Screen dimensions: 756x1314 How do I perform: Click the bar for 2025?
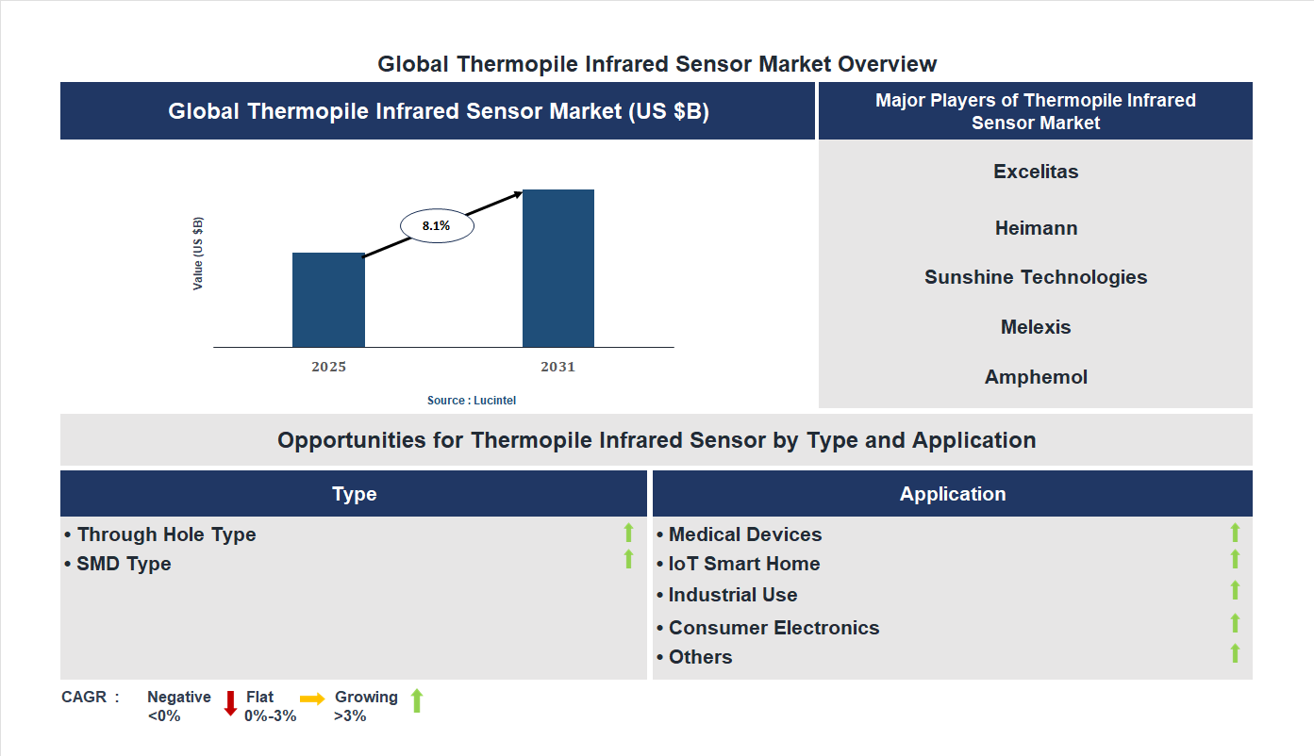(328, 300)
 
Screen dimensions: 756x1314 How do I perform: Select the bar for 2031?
(558, 269)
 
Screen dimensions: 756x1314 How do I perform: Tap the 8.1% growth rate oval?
(437, 226)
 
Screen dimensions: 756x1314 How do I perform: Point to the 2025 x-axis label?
(328, 367)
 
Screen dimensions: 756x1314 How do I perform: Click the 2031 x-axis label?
(557, 367)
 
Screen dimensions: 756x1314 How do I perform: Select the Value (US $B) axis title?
(198, 254)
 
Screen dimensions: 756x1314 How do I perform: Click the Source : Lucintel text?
(472, 401)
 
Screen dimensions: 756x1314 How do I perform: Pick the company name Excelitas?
(1036, 172)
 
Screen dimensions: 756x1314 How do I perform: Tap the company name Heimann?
(1036, 228)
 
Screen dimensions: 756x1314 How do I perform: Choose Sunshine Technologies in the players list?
(1036, 277)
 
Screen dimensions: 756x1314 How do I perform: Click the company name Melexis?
(1036, 327)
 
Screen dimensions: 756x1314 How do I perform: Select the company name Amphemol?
(1036, 377)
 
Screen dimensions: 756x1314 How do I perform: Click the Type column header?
(355, 494)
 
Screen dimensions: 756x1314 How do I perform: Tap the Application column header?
(953, 494)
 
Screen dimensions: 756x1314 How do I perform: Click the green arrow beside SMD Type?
(628, 560)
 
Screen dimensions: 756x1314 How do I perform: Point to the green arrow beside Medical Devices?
(1235, 534)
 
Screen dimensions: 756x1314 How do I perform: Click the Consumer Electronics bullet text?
(773, 628)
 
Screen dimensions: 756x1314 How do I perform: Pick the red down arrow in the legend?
(230, 703)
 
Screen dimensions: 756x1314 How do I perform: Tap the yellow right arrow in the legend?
(312, 698)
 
